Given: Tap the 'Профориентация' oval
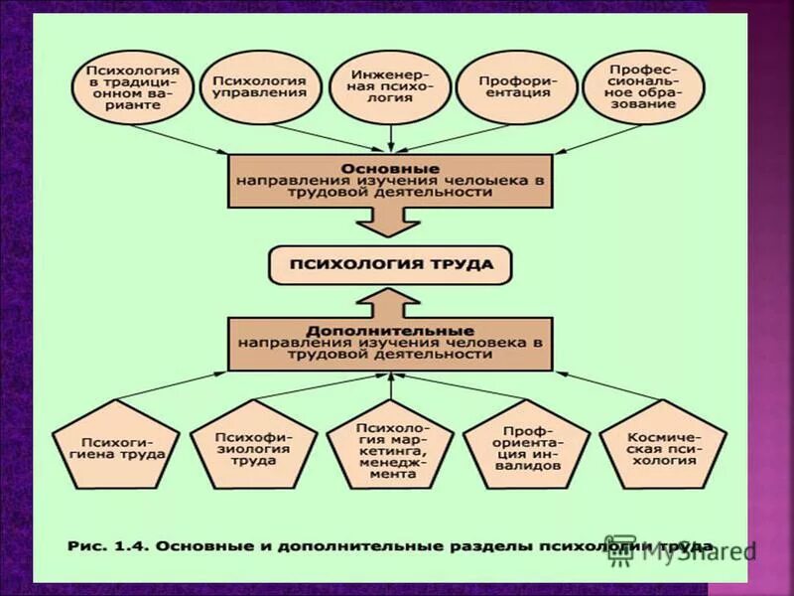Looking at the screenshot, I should pos(514,85).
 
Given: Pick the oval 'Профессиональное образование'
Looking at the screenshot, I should pos(643,87).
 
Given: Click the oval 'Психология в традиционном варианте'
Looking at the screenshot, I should pos(133,87).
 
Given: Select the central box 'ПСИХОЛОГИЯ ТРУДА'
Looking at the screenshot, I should pos(390,265).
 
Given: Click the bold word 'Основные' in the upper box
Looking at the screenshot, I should pos(390,169).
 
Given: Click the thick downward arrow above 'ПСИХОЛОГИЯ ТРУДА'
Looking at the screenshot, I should pos(390,223).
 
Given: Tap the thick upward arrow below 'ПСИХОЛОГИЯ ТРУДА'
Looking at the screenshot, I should pos(390,301).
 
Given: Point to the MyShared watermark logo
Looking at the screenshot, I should pos(685,552).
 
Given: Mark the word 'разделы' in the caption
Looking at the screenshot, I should pos(489,545).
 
